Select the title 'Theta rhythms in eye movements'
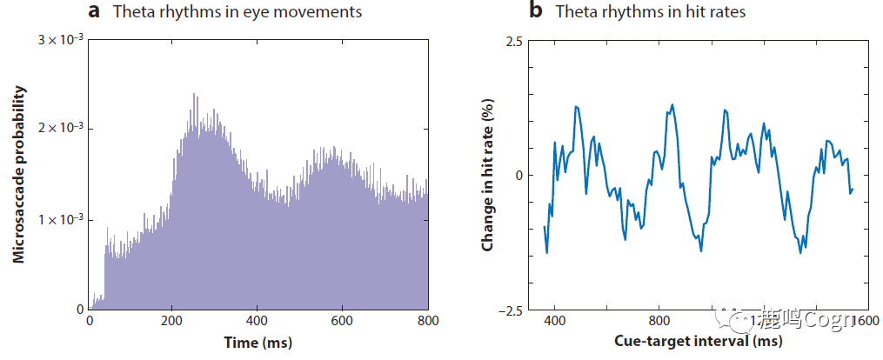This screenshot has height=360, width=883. (x=238, y=12)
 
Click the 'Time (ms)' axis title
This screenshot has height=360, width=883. (x=258, y=342)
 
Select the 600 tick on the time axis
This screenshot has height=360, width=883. (x=344, y=320)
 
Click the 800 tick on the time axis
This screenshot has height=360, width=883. (x=427, y=320)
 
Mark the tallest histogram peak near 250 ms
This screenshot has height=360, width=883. (x=194, y=94)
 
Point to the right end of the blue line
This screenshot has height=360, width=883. (x=853, y=189)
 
